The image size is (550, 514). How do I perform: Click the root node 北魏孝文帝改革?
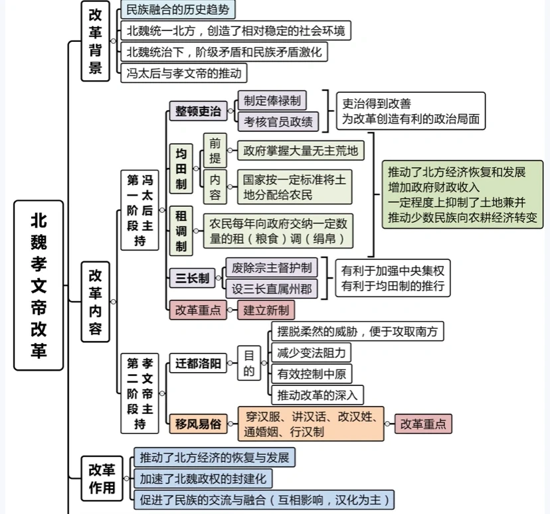click(x=39, y=285)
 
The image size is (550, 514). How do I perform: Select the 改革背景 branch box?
click(x=96, y=41)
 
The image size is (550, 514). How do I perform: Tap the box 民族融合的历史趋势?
click(x=179, y=9)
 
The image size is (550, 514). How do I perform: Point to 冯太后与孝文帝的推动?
click(x=184, y=72)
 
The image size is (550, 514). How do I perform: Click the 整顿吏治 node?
click(x=198, y=111)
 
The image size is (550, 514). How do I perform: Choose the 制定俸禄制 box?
click(x=272, y=100)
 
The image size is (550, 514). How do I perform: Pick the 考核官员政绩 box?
click(x=278, y=121)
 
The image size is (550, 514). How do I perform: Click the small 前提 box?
click(x=215, y=150)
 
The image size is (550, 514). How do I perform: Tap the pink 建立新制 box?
click(x=266, y=310)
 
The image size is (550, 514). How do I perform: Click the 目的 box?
click(x=248, y=363)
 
